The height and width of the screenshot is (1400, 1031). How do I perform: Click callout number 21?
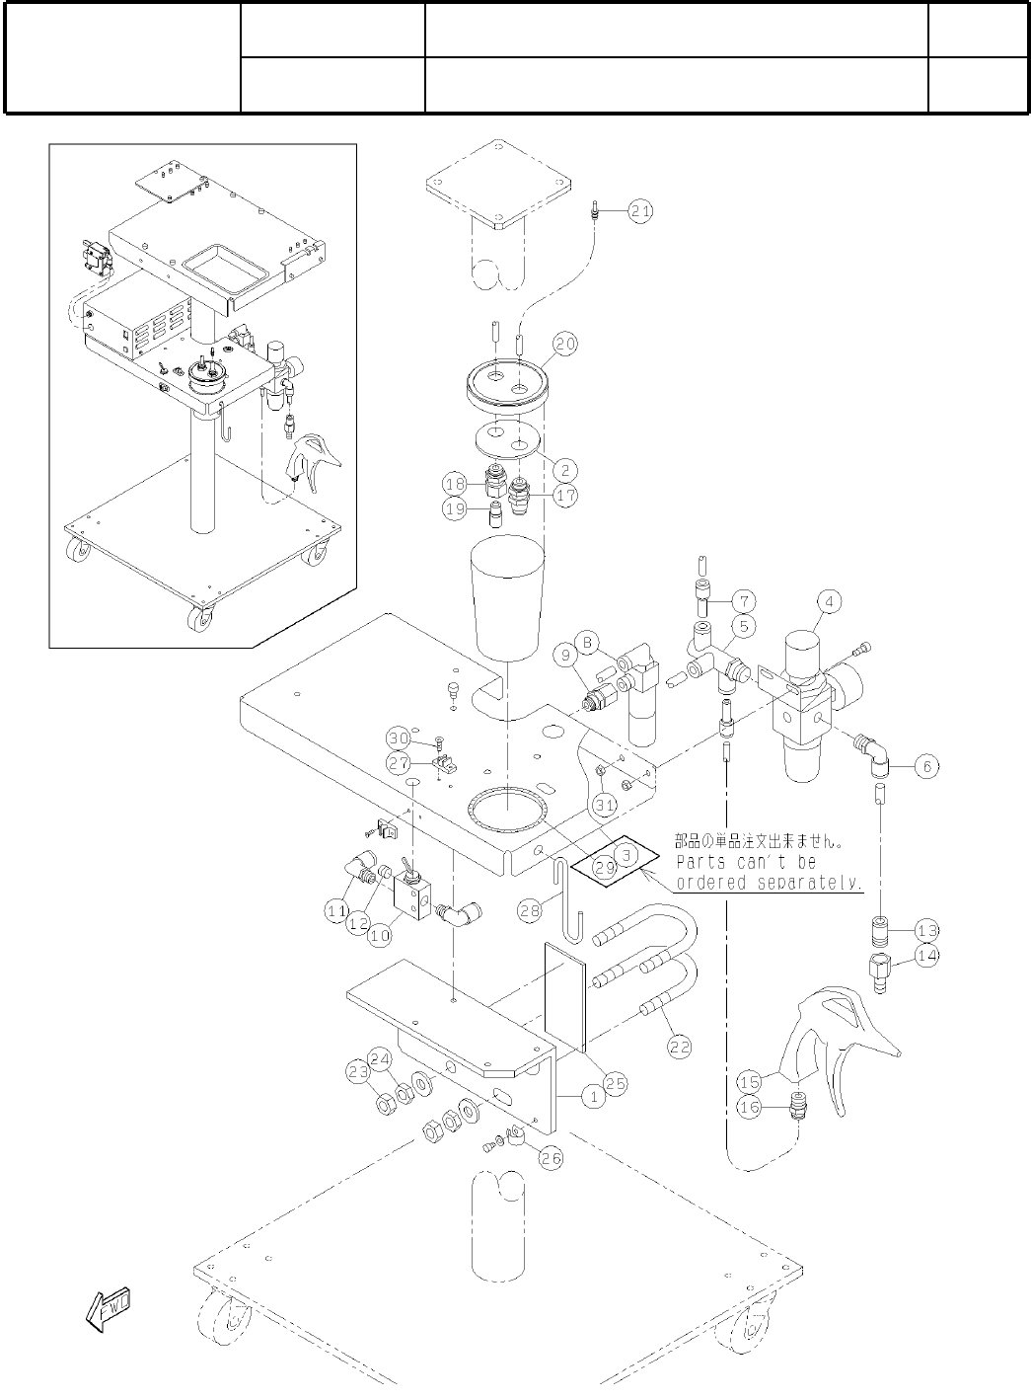[640, 210]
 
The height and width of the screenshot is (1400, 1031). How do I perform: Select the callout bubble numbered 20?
[565, 344]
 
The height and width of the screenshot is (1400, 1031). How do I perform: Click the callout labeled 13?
[926, 930]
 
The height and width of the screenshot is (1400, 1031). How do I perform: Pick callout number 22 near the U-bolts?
[680, 1048]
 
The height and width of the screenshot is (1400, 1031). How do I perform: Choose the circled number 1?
[594, 1095]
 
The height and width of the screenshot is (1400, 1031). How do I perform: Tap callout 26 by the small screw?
[551, 1158]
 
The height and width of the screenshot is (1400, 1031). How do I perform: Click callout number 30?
[398, 739]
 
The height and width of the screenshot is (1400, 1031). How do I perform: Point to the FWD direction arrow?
[110, 1306]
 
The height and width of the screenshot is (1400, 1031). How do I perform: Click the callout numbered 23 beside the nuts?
[358, 1070]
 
